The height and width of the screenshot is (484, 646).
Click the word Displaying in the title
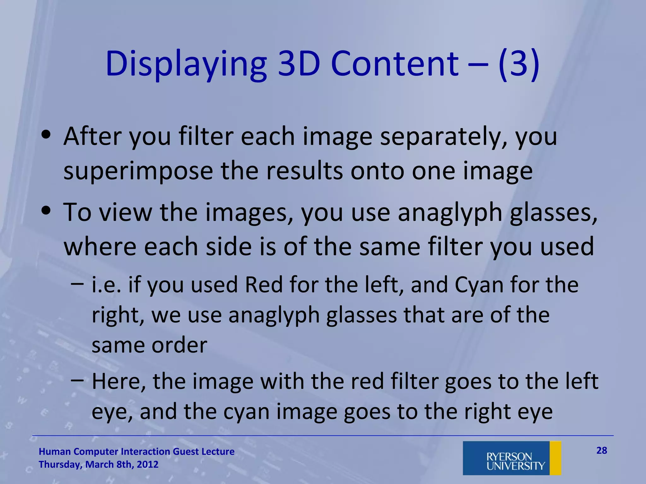pyautogui.click(x=186, y=65)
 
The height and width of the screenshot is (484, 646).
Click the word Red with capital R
pyautogui.click(x=264, y=285)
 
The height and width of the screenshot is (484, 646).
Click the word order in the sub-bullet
pyautogui.click(x=179, y=345)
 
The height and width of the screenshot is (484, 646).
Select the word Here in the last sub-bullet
pyautogui.click(x=119, y=382)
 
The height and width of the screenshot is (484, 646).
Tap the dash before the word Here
pyautogui.click(x=78, y=380)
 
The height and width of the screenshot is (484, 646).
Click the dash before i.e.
pyautogui.click(x=78, y=284)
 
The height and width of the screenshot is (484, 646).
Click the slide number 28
pyautogui.click(x=602, y=451)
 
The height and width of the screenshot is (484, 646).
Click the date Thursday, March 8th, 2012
pyautogui.click(x=98, y=464)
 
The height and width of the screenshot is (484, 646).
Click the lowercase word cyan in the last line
pyautogui.click(x=246, y=412)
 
